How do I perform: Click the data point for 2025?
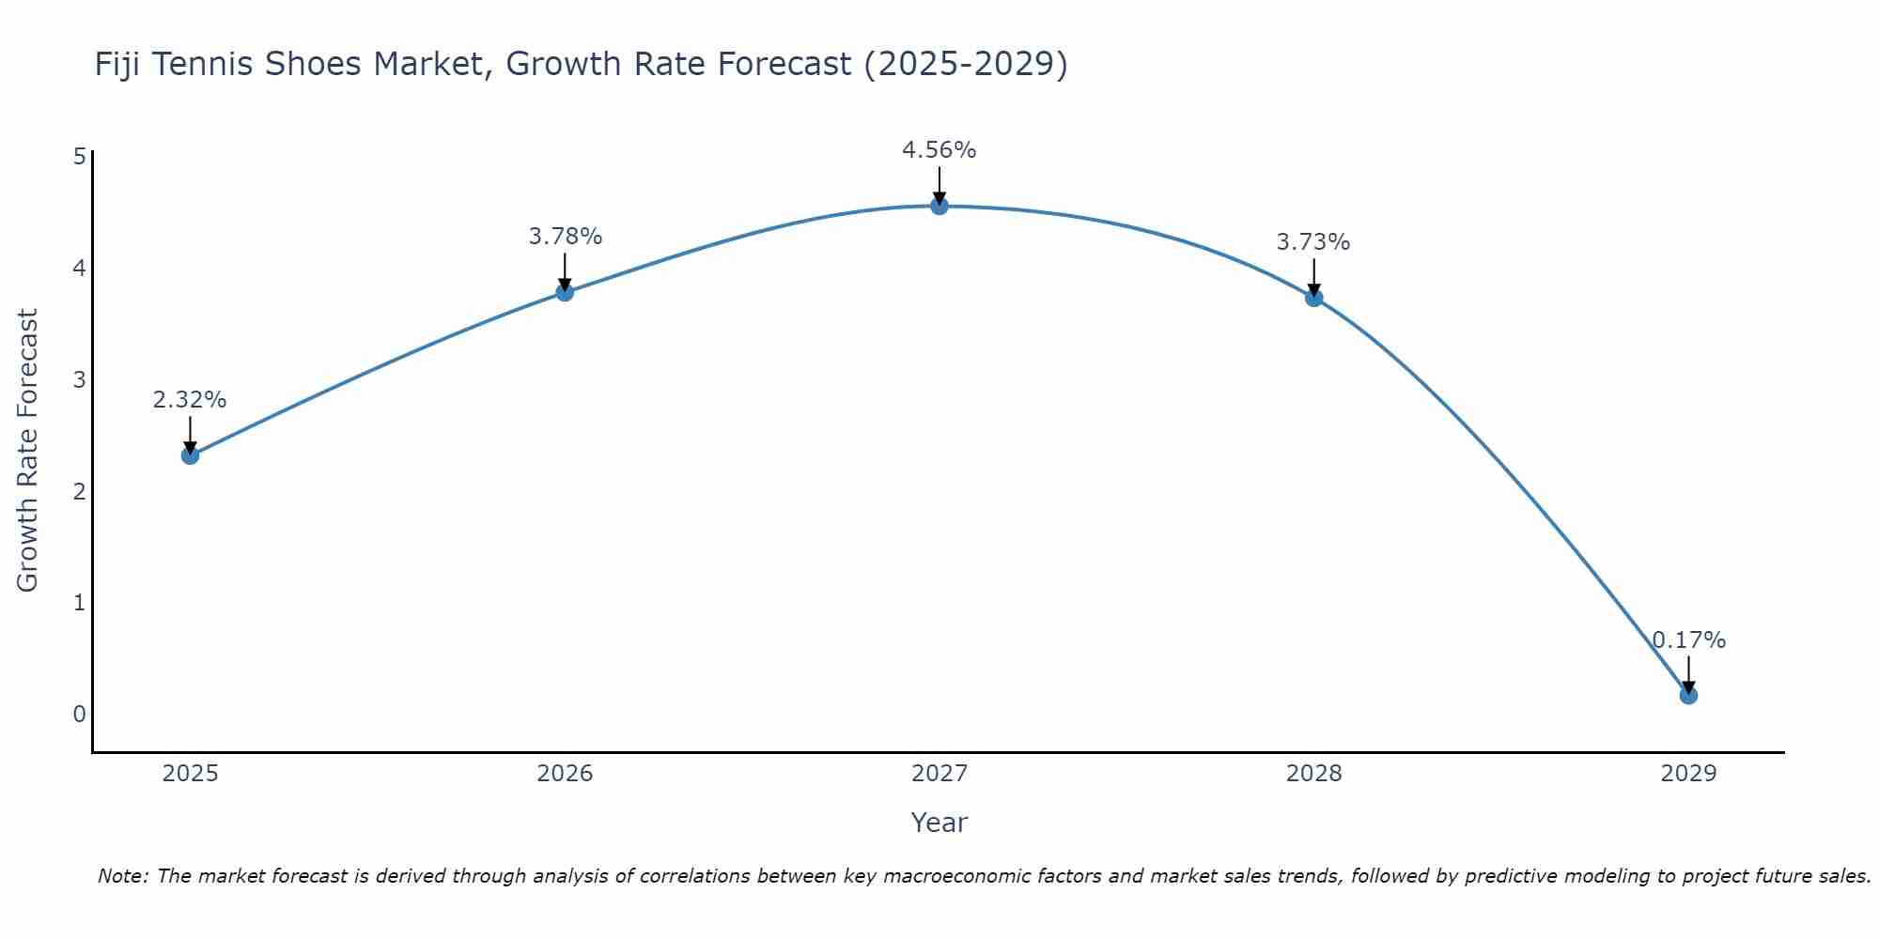click(x=190, y=455)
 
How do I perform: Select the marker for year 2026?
click(x=565, y=292)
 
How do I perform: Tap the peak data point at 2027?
click(x=939, y=206)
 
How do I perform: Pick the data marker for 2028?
click(x=1313, y=298)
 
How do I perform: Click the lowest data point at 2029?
click(x=1688, y=695)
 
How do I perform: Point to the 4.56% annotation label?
click(x=939, y=150)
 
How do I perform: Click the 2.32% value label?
click(x=190, y=400)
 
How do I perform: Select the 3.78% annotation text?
click(x=565, y=237)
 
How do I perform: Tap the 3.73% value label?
click(x=1312, y=242)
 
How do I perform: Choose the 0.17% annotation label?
click(x=1688, y=640)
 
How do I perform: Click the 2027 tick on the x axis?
click(x=939, y=774)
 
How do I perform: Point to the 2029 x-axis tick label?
click(x=1688, y=774)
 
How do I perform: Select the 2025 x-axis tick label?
click(x=190, y=774)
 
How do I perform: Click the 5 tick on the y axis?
click(x=79, y=157)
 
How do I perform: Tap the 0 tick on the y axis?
click(x=79, y=714)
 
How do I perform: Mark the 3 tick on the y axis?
click(x=79, y=379)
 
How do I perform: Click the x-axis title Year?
click(x=939, y=823)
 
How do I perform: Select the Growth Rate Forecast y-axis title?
click(x=28, y=451)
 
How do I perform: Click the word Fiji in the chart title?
click(x=118, y=65)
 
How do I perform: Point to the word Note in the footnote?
click(x=122, y=876)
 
